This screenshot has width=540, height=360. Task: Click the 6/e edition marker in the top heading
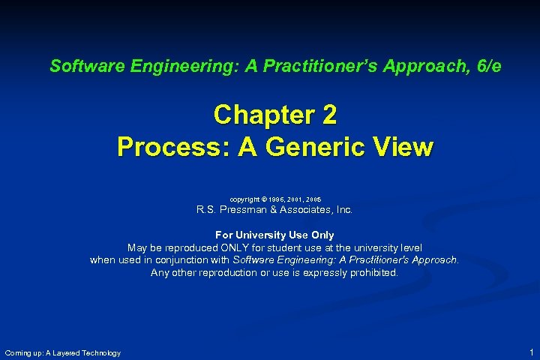point(487,66)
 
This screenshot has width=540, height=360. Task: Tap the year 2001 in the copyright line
point(295,199)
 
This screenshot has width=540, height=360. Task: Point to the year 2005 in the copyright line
point(313,199)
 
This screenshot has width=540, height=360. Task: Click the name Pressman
point(248,210)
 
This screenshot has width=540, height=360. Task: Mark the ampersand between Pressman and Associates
point(280,210)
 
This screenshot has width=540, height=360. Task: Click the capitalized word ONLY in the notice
point(233,247)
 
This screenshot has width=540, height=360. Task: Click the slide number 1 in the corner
point(531,352)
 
